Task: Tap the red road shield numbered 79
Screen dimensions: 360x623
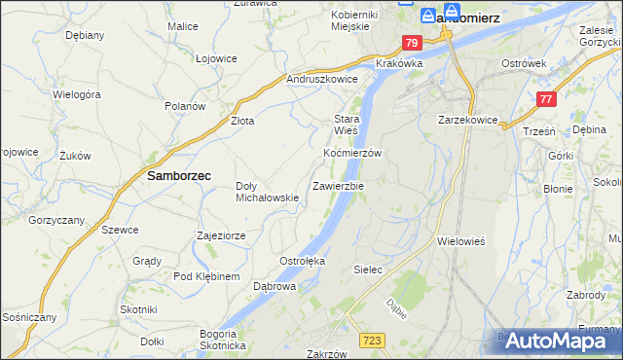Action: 412,43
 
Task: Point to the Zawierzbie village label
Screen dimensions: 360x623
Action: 338,185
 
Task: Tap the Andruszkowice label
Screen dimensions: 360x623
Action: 322,79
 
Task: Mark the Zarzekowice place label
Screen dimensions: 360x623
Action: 468,120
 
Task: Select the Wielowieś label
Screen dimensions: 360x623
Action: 462,239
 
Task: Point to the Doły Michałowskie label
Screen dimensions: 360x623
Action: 267,192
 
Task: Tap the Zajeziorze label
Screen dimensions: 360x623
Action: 227,235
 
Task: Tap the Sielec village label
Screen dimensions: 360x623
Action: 366,267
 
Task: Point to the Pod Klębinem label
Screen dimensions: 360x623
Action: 206,276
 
